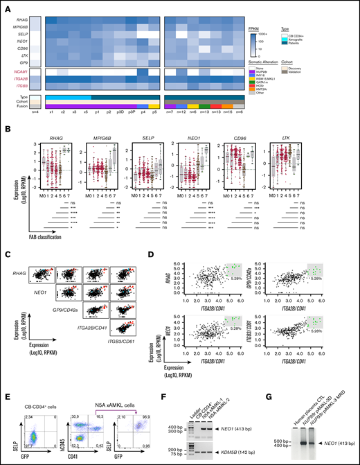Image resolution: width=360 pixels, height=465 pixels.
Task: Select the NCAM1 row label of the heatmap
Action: click(20, 72)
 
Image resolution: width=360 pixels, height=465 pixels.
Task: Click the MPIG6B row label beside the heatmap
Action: click(20, 26)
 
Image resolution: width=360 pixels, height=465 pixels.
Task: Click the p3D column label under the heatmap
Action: click(102, 111)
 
